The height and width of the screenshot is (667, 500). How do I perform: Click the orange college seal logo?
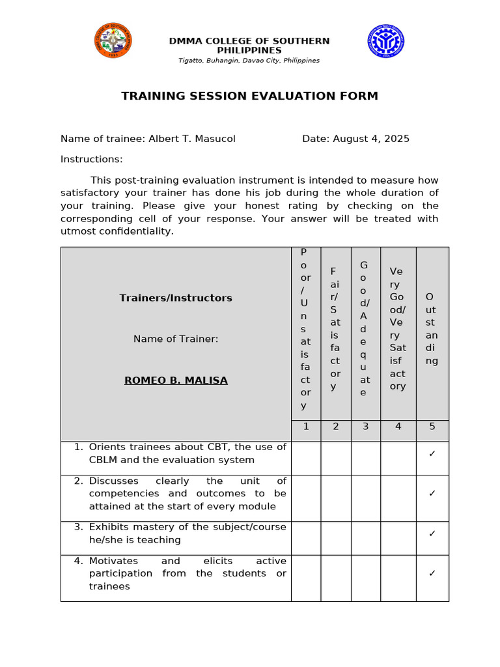pos(113,40)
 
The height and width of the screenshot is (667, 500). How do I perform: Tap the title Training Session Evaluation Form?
pos(249,96)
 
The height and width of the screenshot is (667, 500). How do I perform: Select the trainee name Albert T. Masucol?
pos(191,139)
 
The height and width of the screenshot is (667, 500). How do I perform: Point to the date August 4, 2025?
pos(370,139)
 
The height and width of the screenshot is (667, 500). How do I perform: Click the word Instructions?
pos(91,160)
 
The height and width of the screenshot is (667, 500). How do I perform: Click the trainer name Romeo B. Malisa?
pos(176,380)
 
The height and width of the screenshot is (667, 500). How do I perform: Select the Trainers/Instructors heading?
pos(176,298)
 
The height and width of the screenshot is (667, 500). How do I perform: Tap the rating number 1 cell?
pos(305,427)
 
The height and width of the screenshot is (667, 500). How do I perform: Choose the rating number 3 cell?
pos(366,427)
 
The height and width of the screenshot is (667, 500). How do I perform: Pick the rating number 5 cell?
pos(432,427)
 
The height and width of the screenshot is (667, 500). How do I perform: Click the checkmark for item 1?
pos(432,453)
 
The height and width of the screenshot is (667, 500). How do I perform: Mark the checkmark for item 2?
pos(432,494)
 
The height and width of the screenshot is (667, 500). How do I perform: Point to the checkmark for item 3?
pos(432,533)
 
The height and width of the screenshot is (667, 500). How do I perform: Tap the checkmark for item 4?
pos(432,573)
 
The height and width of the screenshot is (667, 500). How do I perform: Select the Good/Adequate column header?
pos(365,329)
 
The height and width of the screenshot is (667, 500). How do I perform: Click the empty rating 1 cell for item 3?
pos(305,538)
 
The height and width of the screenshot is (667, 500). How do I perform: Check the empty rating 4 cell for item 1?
pos(398,458)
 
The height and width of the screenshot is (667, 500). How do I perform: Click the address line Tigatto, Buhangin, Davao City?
pos(249,61)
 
